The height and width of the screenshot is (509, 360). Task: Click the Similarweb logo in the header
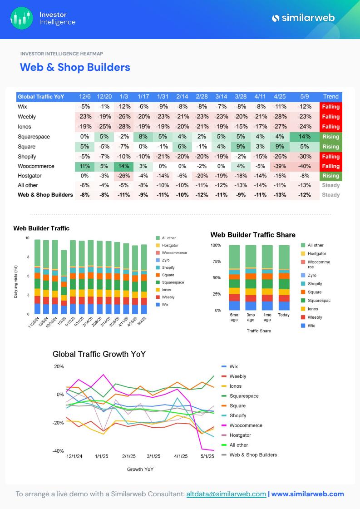tap(303, 18)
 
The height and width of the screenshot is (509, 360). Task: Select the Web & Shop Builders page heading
tap(75, 67)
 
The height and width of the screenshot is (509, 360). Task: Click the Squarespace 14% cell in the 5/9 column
tap(305, 137)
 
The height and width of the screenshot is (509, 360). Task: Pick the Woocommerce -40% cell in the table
tap(305, 166)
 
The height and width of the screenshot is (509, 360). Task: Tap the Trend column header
tap(330, 97)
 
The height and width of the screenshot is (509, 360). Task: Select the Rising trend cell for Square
tap(330, 147)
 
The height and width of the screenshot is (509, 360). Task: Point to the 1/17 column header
tap(143, 97)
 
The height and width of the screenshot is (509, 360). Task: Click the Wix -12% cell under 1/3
tap(123, 107)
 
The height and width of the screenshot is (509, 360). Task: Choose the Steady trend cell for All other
tap(330, 185)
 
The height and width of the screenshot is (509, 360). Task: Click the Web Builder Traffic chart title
tap(41, 228)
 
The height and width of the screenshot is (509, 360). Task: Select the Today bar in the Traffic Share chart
tap(284, 277)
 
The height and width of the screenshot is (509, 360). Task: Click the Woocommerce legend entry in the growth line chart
tap(246, 425)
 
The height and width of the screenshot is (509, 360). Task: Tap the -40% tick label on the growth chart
tap(59, 451)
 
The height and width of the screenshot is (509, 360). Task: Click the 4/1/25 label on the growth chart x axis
tap(181, 456)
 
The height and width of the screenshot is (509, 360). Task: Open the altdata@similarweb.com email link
tap(226, 494)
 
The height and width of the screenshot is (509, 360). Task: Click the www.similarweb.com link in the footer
tap(307, 494)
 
